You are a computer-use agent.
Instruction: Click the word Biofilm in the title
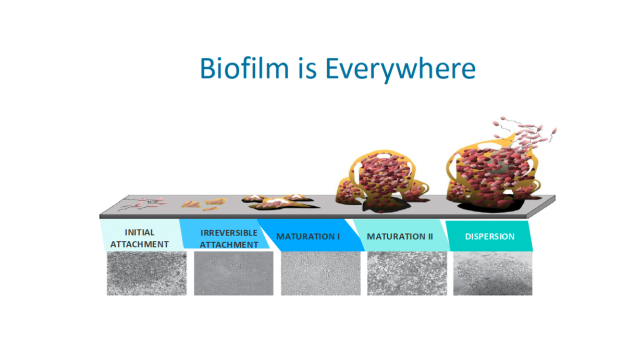coord(244,68)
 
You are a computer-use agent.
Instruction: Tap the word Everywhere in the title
coord(400,70)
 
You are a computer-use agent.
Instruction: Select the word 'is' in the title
coord(307,68)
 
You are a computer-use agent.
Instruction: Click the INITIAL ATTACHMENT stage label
coord(139,239)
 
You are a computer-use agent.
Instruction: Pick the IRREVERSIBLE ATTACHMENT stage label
coord(229,239)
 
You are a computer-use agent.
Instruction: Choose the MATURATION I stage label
coord(308,237)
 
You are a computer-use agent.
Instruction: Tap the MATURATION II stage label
coord(400,237)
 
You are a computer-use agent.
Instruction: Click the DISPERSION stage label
coord(490,237)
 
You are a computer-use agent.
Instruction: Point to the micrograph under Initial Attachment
coord(146,274)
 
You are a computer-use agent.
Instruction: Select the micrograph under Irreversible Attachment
coord(233,274)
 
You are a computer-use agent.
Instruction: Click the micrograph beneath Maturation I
coord(320,274)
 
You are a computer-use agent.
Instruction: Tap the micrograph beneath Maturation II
coord(407,274)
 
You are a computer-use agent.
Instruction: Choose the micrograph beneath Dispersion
coord(493,274)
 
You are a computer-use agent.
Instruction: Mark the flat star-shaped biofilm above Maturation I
coord(279,202)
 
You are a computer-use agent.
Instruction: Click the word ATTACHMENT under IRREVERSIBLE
coord(229,245)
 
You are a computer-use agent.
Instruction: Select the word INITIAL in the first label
coord(139,232)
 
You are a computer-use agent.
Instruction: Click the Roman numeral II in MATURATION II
coord(430,237)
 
